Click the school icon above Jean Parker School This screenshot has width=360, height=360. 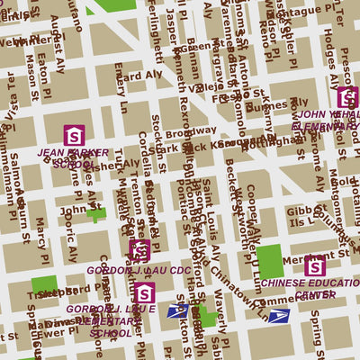click(75, 136)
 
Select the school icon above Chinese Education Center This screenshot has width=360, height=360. click(314, 266)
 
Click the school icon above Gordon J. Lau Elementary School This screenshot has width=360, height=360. click(144, 292)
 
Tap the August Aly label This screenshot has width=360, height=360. click(59, 47)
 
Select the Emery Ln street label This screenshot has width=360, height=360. click(121, 94)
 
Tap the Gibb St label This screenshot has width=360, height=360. click(298, 211)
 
